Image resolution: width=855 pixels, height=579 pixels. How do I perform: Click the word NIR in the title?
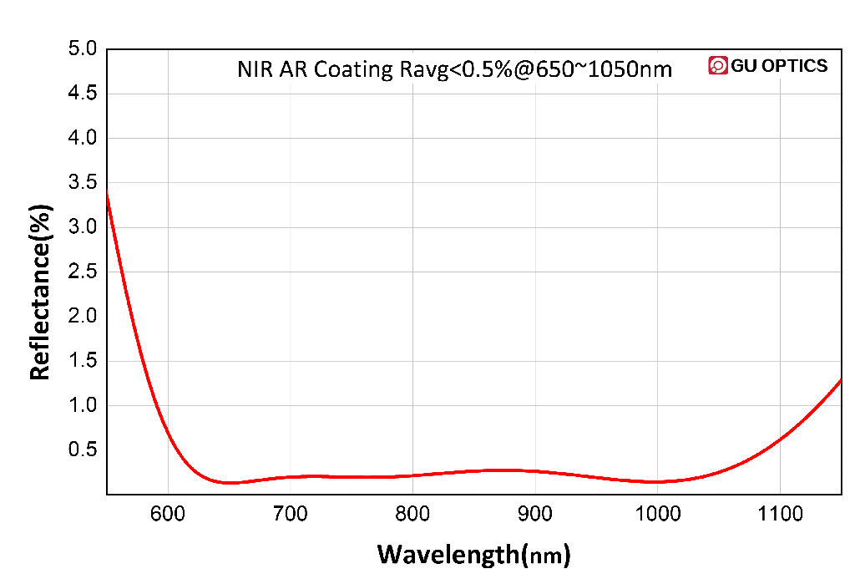255,69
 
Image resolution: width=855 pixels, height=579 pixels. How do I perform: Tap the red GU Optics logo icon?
717,66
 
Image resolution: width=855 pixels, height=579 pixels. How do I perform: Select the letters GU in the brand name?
743,66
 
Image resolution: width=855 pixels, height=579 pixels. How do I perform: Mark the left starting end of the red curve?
108,191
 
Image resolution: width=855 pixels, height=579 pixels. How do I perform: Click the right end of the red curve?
840,380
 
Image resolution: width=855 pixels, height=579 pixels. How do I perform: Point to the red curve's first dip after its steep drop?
226,482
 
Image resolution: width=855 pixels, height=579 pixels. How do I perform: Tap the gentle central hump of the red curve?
501,470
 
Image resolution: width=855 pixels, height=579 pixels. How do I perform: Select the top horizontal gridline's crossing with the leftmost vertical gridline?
169,94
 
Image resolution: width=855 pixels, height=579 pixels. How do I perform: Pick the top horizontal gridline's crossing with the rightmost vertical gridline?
780,94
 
